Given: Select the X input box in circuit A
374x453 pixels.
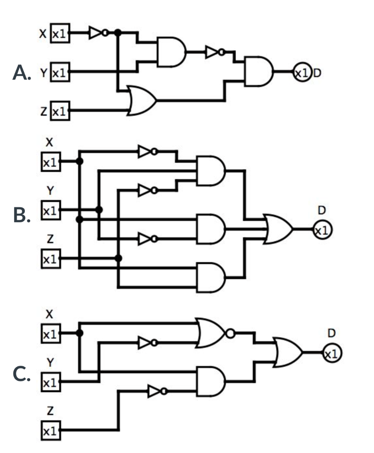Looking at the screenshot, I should click(59, 33).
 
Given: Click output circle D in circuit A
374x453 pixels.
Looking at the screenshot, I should click(302, 72).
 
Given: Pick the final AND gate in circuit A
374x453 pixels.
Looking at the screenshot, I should click(258, 71).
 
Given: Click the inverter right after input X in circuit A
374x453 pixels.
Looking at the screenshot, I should click(97, 33).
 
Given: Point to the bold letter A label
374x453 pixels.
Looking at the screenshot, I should click(21, 72).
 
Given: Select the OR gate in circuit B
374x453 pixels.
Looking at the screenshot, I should click(278, 229).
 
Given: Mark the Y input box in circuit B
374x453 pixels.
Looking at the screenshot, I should click(50, 210).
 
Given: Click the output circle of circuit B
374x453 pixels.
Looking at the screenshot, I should click(322, 230).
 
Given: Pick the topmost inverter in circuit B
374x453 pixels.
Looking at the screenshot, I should click(147, 152).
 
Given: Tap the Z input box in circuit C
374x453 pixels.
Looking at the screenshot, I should click(50, 429).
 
